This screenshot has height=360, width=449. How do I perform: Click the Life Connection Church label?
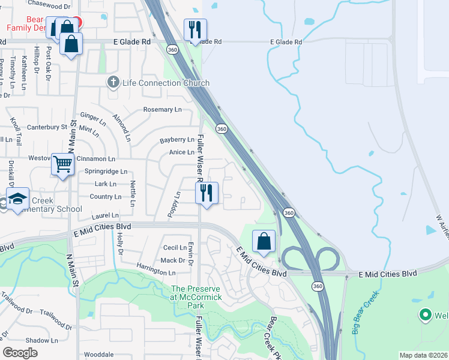tap(166, 83)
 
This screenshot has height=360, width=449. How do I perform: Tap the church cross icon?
tap(112, 82)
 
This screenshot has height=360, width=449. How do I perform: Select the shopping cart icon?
tap(62, 164)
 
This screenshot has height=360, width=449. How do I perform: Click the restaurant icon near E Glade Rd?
tap(194, 29)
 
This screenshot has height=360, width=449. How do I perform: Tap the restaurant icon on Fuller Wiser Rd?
tap(206, 193)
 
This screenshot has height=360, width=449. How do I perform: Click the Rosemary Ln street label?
tap(162, 110)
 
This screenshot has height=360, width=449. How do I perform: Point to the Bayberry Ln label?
tap(177, 140)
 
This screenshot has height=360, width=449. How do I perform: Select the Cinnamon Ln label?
tap(95, 159)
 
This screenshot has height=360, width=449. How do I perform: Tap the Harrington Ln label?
tap(155, 272)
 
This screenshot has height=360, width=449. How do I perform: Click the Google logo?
tap(20, 353)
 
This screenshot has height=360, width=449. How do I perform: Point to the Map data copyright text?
tap(423, 355)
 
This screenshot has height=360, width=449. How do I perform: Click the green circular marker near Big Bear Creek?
tap(426, 314)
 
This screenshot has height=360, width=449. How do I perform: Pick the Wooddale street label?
tap(98, 355)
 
